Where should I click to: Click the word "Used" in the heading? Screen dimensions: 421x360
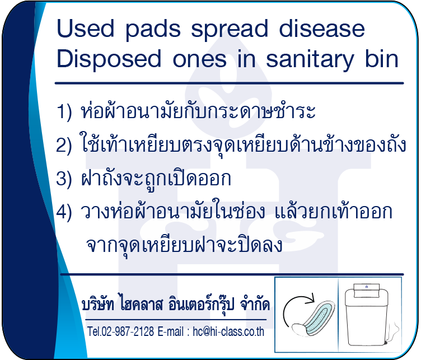click(x=86, y=28)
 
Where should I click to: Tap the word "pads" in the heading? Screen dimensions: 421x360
click(x=153, y=30)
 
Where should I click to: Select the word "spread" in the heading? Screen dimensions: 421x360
click(x=230, y=30)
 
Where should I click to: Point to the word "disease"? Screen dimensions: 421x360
click(x=322, y=28)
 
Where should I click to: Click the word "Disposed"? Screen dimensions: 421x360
click(x=109, y=59)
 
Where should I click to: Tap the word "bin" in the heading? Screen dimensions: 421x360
click(x=382, y=58)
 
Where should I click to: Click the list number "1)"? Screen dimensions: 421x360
click(x=64, y=111)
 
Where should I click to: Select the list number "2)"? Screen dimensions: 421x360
click(x=64, y=145)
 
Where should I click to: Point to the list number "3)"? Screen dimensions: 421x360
click(x=64, y=178)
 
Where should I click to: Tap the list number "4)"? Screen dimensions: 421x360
click(x=64, y=212)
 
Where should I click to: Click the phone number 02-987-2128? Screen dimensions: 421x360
click(x=128, y=331)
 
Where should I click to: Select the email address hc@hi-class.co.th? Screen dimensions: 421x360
click(x=228, y=332)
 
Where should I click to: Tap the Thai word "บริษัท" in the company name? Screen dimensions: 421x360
click(x=98, y=305)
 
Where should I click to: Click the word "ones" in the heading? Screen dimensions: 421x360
click(x=199, y=59)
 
